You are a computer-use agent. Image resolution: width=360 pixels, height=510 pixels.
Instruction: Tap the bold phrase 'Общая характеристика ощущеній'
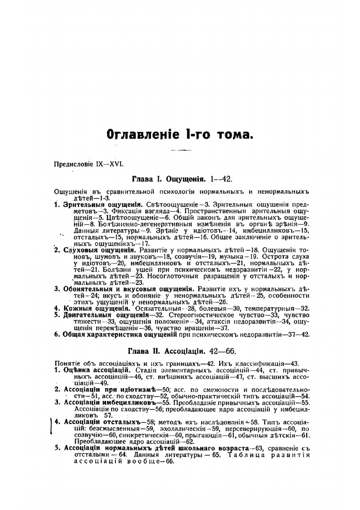120,334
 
